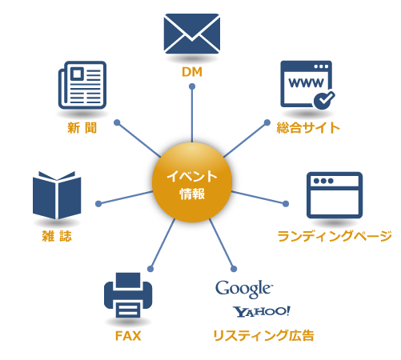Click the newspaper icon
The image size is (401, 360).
(x=82, y=86)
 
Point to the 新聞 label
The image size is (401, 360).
(x=82, y=127)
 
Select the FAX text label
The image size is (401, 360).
(x=128, y=335)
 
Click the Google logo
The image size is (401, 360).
(x=244, y=288)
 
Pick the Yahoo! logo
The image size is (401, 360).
(x=262, y=311)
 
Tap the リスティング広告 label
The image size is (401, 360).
(x=263, y=335)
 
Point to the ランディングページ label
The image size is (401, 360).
(x=334, y=236)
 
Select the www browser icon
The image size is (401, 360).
(x=307, y=84)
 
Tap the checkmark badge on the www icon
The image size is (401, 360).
(x=323, y=99)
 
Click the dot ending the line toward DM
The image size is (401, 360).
(x=192, y=89)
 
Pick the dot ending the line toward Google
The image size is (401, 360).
(x=234, y=267)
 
